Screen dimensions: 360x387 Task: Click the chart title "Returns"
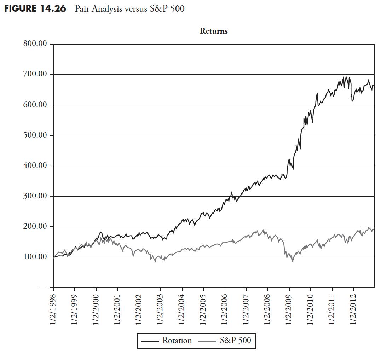coord(214,31)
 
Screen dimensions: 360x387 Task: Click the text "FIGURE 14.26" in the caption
coord(35,9)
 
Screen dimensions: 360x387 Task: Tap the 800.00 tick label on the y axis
coord(35,44)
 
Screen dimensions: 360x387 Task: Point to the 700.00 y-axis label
coord(35,74)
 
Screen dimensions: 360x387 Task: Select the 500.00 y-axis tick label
coord(35,135)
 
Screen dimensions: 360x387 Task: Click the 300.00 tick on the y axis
coord(35,196)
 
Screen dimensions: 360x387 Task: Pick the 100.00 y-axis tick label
coord(35,257)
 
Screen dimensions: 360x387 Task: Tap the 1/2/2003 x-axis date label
coord(161,308)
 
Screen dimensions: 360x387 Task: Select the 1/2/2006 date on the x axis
coord(225,308)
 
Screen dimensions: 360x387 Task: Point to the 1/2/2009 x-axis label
coord(290,308)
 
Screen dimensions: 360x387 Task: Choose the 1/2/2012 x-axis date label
coord(354,308)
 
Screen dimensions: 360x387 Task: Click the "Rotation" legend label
coord(177,341)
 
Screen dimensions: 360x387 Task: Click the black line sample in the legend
coord(150,341)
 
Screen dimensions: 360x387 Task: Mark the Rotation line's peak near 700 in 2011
coord(346,76)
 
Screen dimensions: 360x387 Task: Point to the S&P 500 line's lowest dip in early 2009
coord(293,261)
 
